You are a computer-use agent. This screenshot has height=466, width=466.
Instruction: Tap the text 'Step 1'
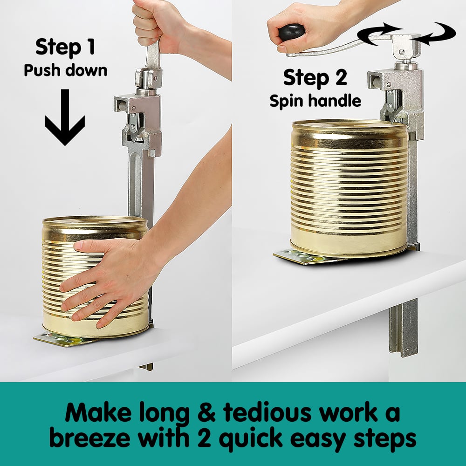coord(65,47)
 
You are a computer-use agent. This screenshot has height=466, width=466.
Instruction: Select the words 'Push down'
coord(65,70)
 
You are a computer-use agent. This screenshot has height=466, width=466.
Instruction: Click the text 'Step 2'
coord(315,77)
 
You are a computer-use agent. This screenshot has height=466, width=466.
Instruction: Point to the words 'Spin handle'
coord(315,101)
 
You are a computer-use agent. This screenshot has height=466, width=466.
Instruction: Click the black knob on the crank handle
coord(292,32)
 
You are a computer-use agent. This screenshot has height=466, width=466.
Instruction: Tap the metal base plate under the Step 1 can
coord(61,339)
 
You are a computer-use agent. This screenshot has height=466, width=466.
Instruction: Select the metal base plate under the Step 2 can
coord(298,257)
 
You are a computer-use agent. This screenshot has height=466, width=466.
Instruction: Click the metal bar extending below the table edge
coord(404,326)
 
